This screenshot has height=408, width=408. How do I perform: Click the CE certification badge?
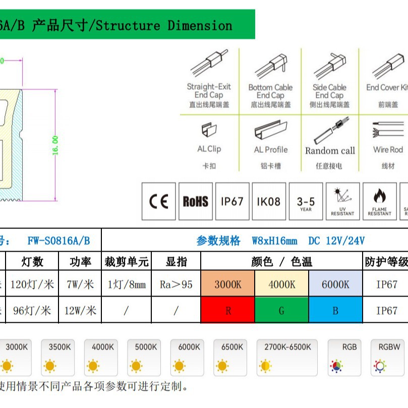coord(159,202)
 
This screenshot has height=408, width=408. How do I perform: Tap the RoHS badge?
coord(195,202)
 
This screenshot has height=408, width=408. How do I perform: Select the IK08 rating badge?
coord(268,202)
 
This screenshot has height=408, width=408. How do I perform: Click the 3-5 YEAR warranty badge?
coord(306,202)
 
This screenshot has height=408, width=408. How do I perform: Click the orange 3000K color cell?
coord(227,284)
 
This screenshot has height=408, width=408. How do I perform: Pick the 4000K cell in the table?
coord(281,284)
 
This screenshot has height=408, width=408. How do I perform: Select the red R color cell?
coord(227,310)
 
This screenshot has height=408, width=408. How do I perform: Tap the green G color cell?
coord(281,310)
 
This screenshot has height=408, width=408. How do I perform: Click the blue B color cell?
coord(335,310)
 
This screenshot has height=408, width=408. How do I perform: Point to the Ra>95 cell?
coord(176,284)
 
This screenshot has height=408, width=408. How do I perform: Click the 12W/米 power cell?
coord(80,310)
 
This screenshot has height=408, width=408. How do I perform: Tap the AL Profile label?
coord(270,150)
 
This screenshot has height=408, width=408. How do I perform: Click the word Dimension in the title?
coord(200,25)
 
